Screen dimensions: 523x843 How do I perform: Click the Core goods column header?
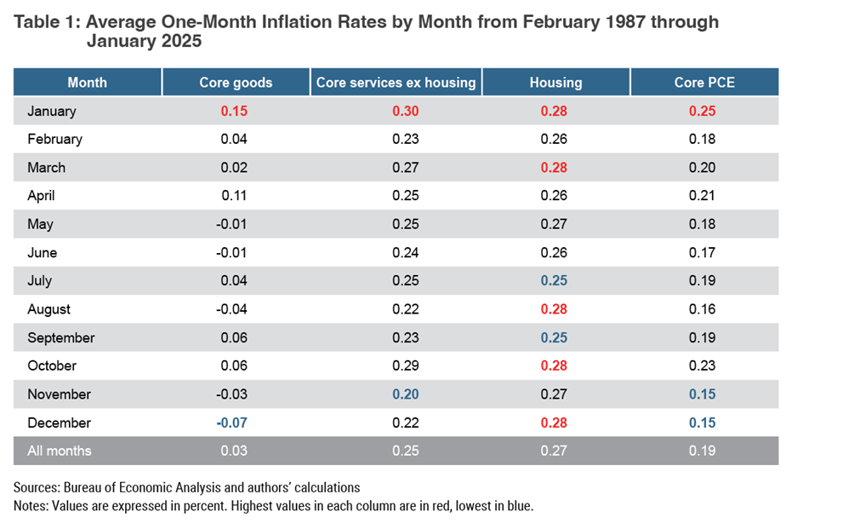[236, 83]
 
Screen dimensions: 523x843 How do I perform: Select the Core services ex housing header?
[396, 83]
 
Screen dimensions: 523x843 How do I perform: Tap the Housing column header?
[555, 83]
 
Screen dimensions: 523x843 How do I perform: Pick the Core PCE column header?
[703, 83]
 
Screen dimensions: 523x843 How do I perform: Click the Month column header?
[87, 83]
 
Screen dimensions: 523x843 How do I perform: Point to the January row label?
[51, 111]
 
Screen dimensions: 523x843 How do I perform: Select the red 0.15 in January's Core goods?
[234, 111]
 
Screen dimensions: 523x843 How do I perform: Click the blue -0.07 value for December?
[232, 422]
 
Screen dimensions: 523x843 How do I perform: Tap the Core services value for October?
[406, 365]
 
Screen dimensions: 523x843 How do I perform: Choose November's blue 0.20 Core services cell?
[406, 394]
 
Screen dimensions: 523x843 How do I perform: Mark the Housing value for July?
[555, 280]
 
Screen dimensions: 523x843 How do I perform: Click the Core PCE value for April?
[703, 196]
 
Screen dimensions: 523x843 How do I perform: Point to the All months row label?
[59, 451]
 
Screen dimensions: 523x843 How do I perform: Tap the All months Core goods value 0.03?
[234, 451]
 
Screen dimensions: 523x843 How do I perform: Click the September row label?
[60, 337]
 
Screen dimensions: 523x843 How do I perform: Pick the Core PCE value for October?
[703, 365]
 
